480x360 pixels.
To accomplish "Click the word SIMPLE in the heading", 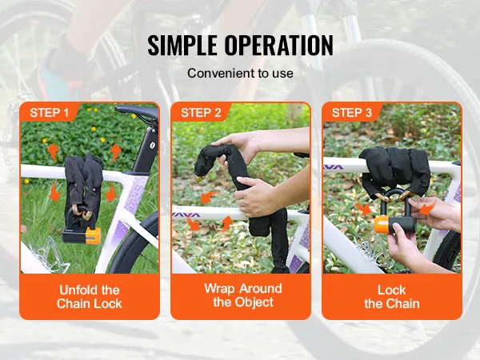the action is click(x=182, y=46).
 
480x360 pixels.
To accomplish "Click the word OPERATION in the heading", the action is click(x=279, y=46).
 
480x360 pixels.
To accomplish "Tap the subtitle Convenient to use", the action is click(x=240, y=73).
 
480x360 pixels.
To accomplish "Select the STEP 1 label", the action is click(x=49, y=113).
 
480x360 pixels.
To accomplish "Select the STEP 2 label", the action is click(x=201, y=113).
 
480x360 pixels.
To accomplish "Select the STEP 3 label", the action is click(x=352, y=113).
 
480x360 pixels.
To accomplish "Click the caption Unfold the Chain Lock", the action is click(x=89, y=297).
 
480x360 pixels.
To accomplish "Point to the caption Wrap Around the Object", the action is click(x=243, y=295).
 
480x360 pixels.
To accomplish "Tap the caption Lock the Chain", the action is click(x=392, y=297).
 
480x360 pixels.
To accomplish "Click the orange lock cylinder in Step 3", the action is click(x=382, y=224).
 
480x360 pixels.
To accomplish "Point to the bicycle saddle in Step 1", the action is click(x=137, y=111).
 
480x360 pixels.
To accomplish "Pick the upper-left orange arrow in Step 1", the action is click(x=54, y=151).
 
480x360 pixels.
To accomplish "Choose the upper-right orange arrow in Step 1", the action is click(x=116, y=151).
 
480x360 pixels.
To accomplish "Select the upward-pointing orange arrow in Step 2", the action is click(x=226, y=222).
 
